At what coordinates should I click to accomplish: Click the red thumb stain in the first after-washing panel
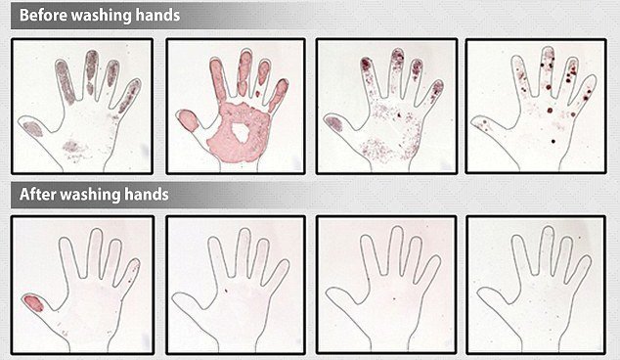click(x=33, y=303)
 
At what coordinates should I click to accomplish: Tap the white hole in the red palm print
click(x=241, y=132)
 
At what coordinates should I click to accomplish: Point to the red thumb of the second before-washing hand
click(x=188, y=120)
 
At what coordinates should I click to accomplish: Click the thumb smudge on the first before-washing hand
click(x=33, y=128)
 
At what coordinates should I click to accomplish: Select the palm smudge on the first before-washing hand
click(x=74, y=147)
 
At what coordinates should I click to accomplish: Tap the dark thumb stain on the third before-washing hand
click(x=334, y=123)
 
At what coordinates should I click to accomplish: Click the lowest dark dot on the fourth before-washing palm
click(x=554, y=141)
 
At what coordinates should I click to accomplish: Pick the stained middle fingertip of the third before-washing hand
click(x=398, y=56)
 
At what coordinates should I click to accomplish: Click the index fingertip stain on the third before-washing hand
click(x=366, y=64)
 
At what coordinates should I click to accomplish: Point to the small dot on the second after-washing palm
click(x=226, y=291)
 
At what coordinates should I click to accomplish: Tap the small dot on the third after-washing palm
click(x=395, y=297)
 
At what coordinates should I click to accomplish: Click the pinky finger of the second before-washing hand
click(x=279, y=95)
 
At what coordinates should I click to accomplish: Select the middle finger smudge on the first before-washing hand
click(x=91, y=71)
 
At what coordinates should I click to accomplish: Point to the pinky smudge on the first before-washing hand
click(x=129, y=97)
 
